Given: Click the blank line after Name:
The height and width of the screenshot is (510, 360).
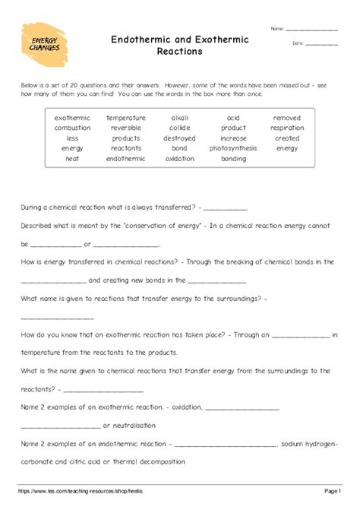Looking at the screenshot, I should click(x=311, y=30).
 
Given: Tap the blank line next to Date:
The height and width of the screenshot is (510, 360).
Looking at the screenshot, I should click(x=321, y=44).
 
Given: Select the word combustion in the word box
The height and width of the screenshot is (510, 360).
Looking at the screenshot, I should click(x=72, y=128).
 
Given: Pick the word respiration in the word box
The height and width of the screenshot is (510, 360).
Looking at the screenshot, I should click(x=287, y=128).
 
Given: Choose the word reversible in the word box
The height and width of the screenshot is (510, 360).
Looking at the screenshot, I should click(x=126, y=128).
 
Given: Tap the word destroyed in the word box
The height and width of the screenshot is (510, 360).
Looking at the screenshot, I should click(x=179, y=139).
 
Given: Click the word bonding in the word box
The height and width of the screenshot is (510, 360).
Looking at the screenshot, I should click(x=233, y=160).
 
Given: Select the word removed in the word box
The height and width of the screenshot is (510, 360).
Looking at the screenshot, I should click(x=287, y=119).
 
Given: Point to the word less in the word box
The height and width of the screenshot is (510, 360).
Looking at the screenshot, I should click(x=72, y=139).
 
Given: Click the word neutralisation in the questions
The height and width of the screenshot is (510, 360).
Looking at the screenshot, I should click(x=131, y=426).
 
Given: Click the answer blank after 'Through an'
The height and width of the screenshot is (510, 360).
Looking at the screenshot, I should click(x=301, y=335).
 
